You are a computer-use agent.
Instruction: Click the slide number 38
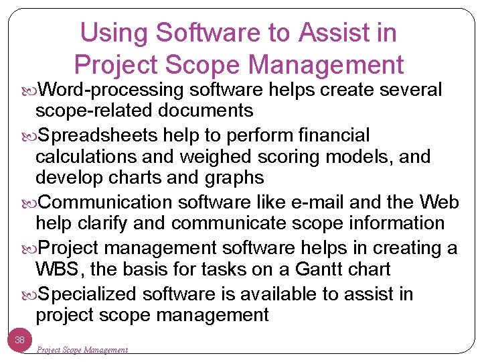tap(20, 340)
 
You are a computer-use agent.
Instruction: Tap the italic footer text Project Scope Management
tap(82, 349)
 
